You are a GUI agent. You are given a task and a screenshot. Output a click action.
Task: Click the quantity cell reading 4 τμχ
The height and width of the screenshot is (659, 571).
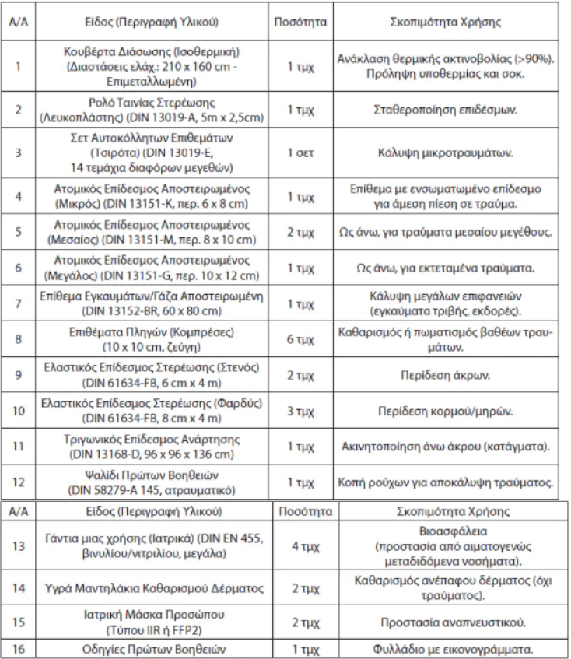(305, 548)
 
